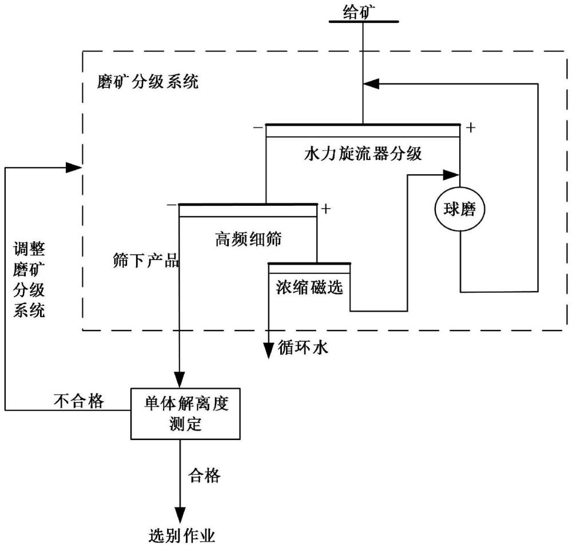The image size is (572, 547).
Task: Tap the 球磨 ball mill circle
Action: (x=460, y=210)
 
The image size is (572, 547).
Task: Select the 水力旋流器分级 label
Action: (x=363, y=154)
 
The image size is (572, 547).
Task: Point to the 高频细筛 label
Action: (x=248, y=239)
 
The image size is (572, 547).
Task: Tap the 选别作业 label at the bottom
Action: (x=180, y=536)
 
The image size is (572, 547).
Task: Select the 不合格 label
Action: (x=79, y=401)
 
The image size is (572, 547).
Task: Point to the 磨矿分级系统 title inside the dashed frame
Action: (x=148, y=82)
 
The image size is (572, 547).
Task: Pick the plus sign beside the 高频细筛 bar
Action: (x=326, y=209)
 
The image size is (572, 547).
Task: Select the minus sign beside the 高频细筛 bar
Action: (x=170, y=205)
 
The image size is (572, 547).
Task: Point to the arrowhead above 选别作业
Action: (x=180, y=510)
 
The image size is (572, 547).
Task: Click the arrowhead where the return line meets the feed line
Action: (x=371, y=83)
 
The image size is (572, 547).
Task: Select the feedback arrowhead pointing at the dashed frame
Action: (x=74, y=167)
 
